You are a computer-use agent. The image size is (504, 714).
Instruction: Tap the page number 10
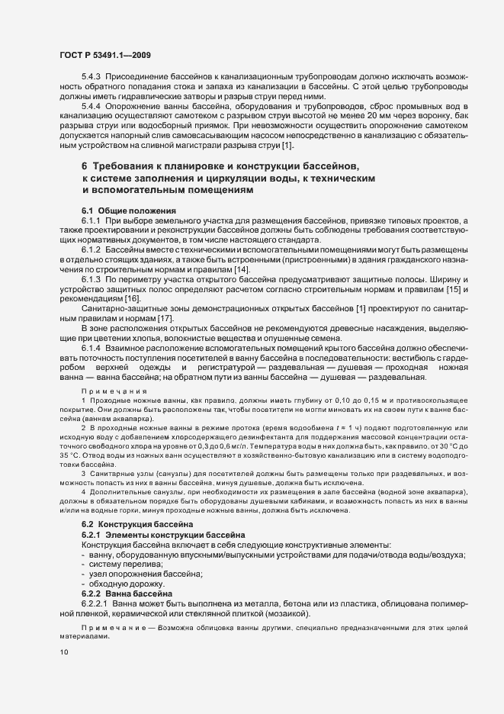tap(65, 652)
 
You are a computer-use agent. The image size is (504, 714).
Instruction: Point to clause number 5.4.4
tap(93, 106)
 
